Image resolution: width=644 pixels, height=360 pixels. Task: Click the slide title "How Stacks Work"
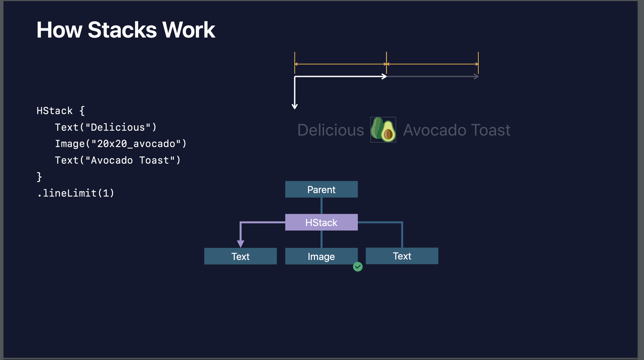click(x=126, y=30)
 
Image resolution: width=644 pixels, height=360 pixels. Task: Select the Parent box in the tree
click(x=321, y=189)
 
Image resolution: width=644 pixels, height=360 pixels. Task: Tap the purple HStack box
click(x=321, y=222)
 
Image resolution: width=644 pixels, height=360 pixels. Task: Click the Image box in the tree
click(x=321, y=256)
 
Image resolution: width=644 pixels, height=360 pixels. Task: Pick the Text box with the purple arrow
click(x=241, y=256)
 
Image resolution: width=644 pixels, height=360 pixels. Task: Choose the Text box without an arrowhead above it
click(x=402, y=256)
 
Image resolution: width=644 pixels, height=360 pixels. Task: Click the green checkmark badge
click(x=358, y=267)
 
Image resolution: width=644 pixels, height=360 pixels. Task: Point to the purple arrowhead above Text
click(x=241, y=244)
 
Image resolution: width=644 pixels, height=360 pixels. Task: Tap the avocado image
click(x=383, y=130)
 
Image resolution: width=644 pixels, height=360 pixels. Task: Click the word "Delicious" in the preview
click(x=331, y=130)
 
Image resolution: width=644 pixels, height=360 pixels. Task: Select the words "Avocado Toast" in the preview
click(x=457, y=130)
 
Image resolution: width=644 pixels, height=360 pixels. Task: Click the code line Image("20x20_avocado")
click(x=121, y=144)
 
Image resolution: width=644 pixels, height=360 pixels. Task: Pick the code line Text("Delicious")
click(x=106, y=127)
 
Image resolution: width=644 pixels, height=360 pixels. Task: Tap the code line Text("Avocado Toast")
click(x=118, y=160)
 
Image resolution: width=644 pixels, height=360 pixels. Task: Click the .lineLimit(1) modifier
click(x=76, y=193)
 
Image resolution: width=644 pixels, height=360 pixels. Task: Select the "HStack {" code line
click(x=61, y=111)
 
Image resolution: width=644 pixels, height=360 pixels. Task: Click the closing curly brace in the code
click(x=39, y=177)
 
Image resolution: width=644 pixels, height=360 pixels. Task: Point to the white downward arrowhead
click(x=295, y=107)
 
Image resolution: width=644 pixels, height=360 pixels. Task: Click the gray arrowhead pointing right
click(x=476, y=76)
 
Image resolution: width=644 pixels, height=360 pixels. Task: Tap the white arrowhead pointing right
click(x=384, y=76)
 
